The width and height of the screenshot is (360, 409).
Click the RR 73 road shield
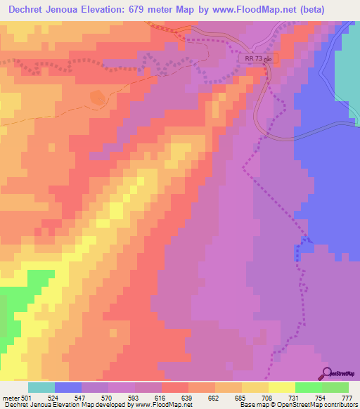point(259,60)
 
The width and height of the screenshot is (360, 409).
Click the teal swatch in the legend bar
point(41,387)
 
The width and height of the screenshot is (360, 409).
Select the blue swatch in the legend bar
point(68,387)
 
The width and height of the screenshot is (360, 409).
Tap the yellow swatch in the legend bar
point(281,387)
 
